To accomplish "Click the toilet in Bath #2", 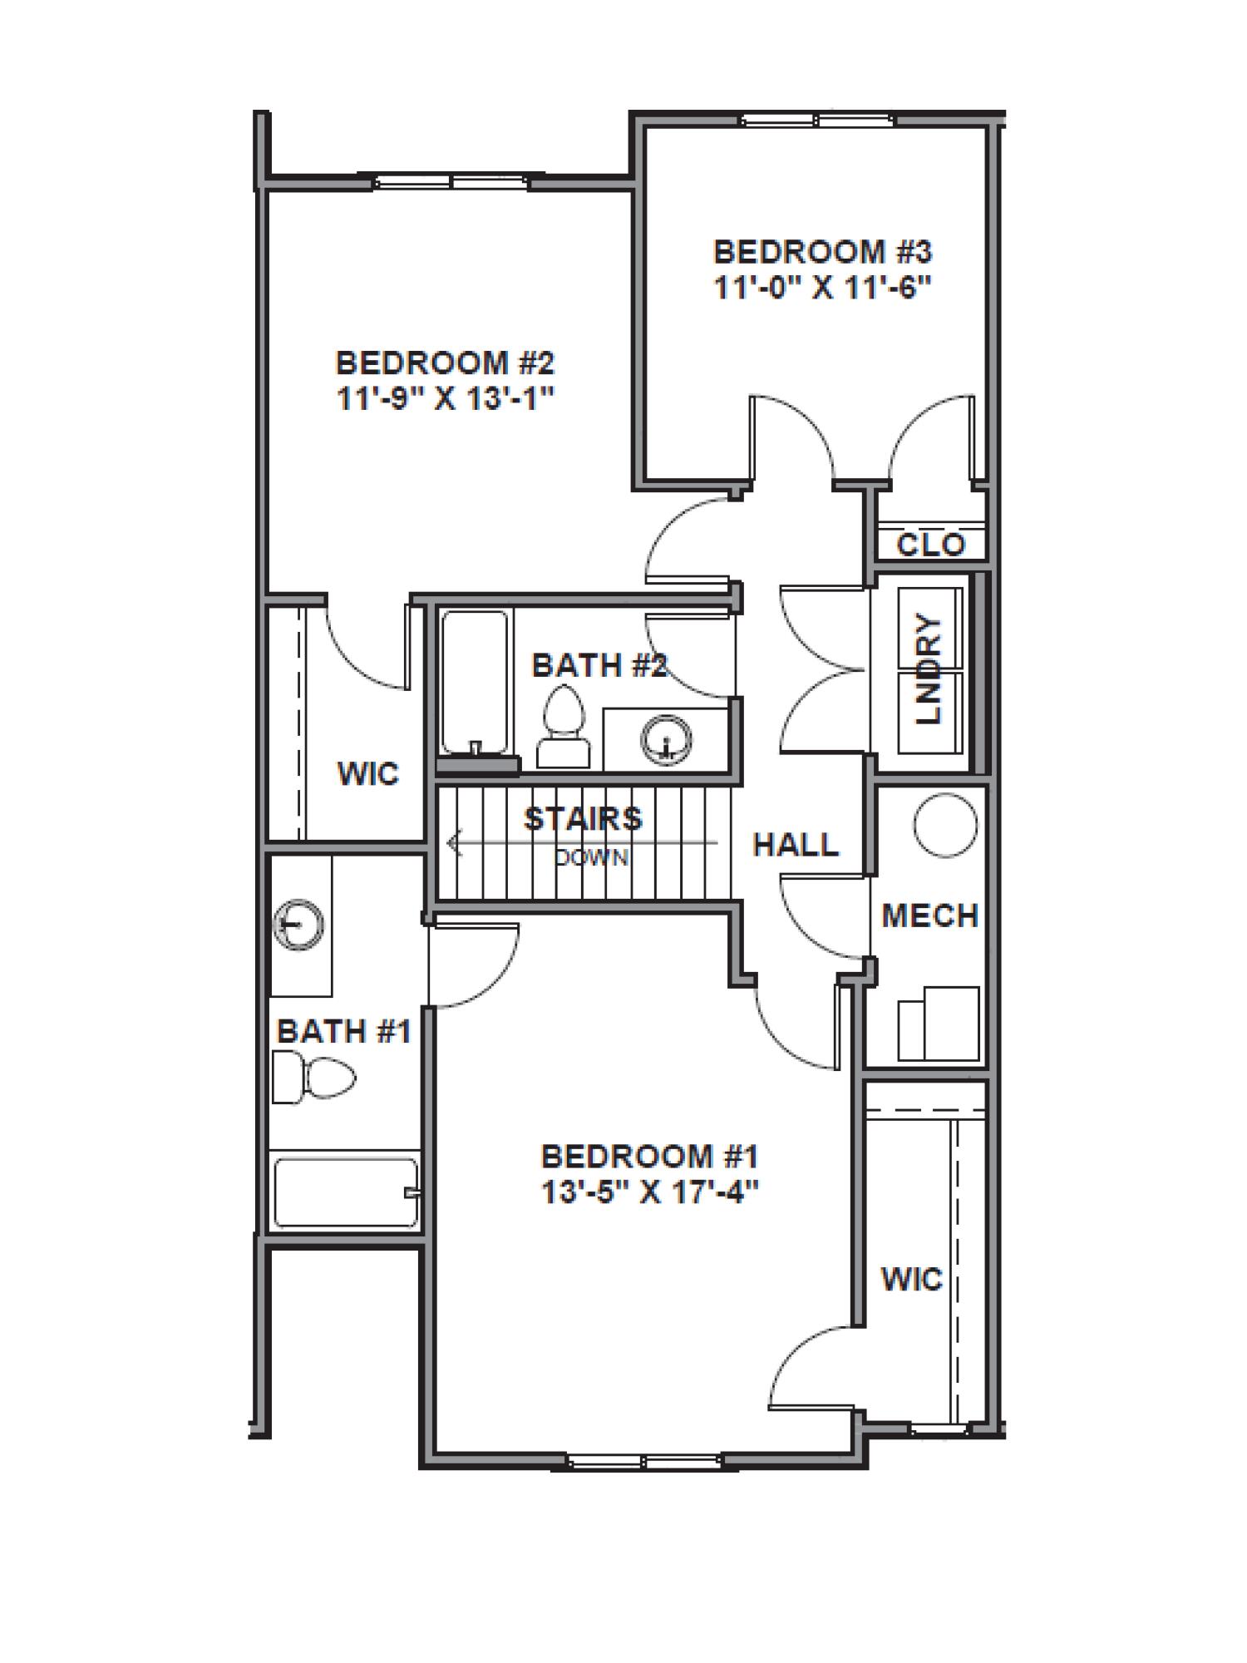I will tap(563, 726).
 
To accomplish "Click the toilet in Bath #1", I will tap(316, 1078).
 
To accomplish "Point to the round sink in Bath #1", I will tap(299, 924).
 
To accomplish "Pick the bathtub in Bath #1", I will tap(344, 1192).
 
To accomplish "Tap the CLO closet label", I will tap(931, 545).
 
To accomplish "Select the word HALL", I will tap(796, 845).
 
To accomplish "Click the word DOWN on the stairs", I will tap(592, 857).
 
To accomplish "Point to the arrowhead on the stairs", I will tap(453, 844).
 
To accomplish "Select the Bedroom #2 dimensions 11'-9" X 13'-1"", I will tap(445, 399).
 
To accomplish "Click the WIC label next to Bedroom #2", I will tap(367, 774).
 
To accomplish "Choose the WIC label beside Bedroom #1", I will tap(912, 1279).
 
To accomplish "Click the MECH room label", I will tap(929, 915).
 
